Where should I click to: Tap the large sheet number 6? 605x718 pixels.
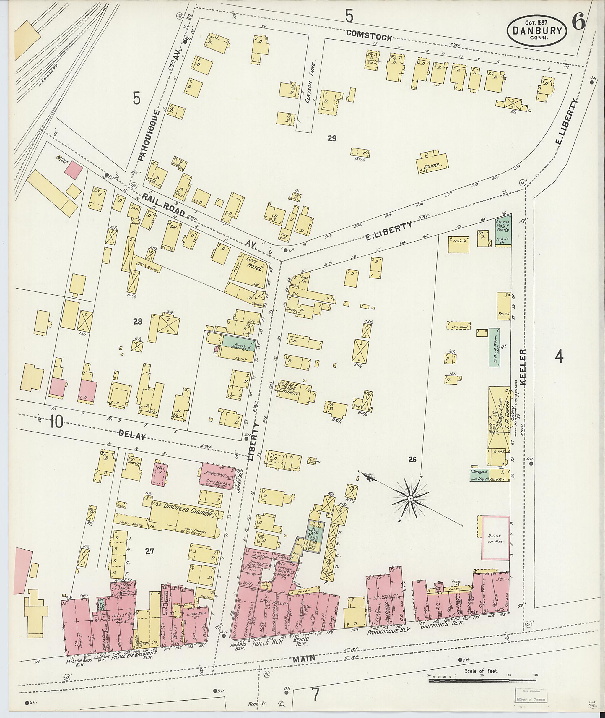pos(578,23)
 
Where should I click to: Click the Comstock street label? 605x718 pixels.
pos(368,35)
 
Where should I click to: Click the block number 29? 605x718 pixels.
pos(332,139)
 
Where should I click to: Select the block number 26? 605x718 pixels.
pos(413,459)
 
